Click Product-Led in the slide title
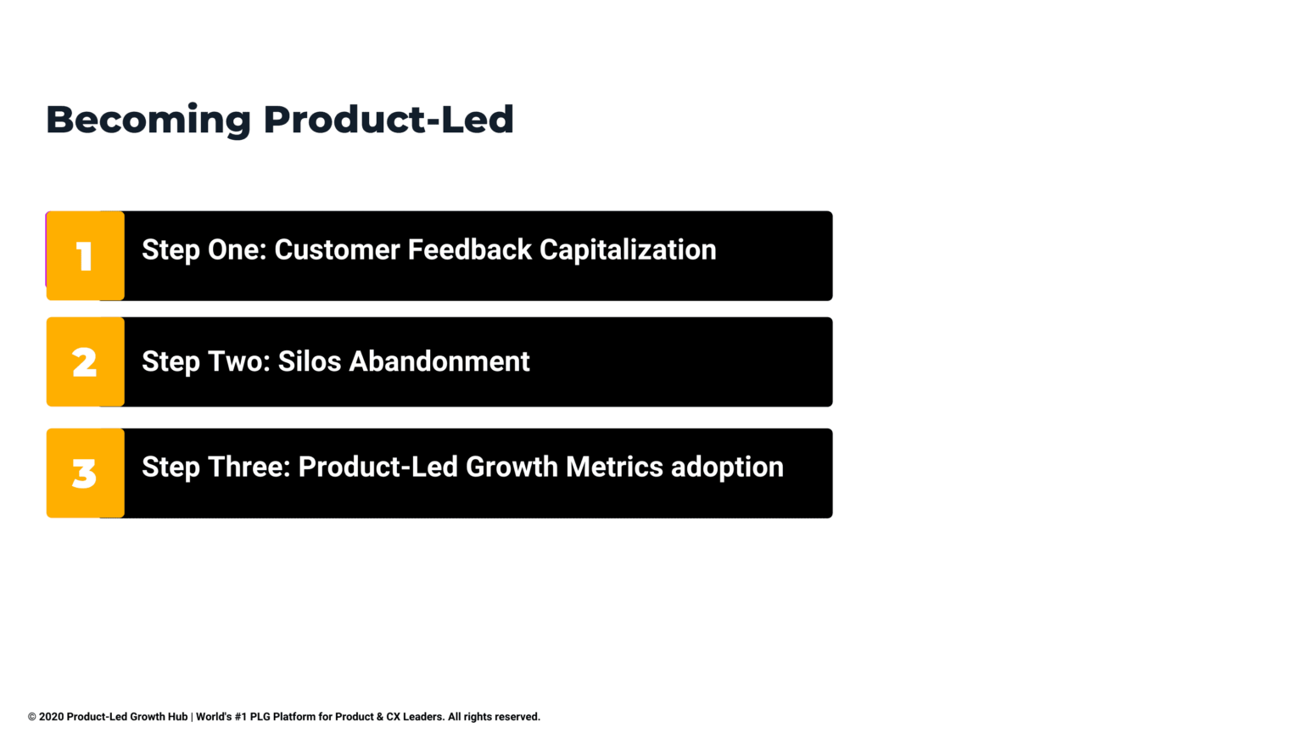[388, 120]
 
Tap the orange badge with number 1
[85, 256]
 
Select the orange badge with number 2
[85, 362]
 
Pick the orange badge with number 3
[85, 473]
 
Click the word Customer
[337, 250]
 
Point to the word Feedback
[470, 250]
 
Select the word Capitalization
[628, 250]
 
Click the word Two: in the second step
[238, 361]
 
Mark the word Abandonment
[439, 361]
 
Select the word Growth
[512, 467]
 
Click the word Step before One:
[171, 251]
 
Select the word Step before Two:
[171, 362]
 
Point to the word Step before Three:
[171, 468]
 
